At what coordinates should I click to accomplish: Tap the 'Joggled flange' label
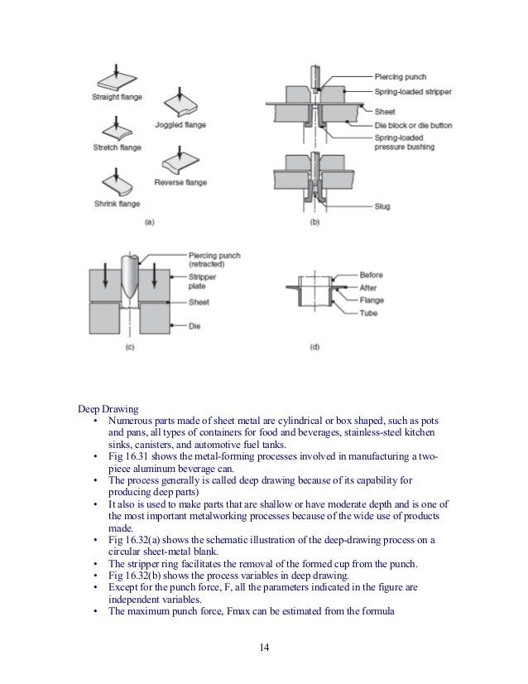[x=180, y=125]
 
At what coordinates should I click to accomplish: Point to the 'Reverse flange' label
[x=180, y=181]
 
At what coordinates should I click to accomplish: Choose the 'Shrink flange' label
[x=116, y=204]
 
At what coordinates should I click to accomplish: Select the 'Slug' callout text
[x=382, y=206]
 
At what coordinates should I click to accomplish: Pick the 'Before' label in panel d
[x=372, y=275]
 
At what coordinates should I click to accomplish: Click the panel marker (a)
[x=150, y=222]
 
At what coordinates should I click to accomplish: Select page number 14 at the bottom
[x=264, y=647]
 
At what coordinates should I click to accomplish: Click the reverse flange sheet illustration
[x=180, y=160]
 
